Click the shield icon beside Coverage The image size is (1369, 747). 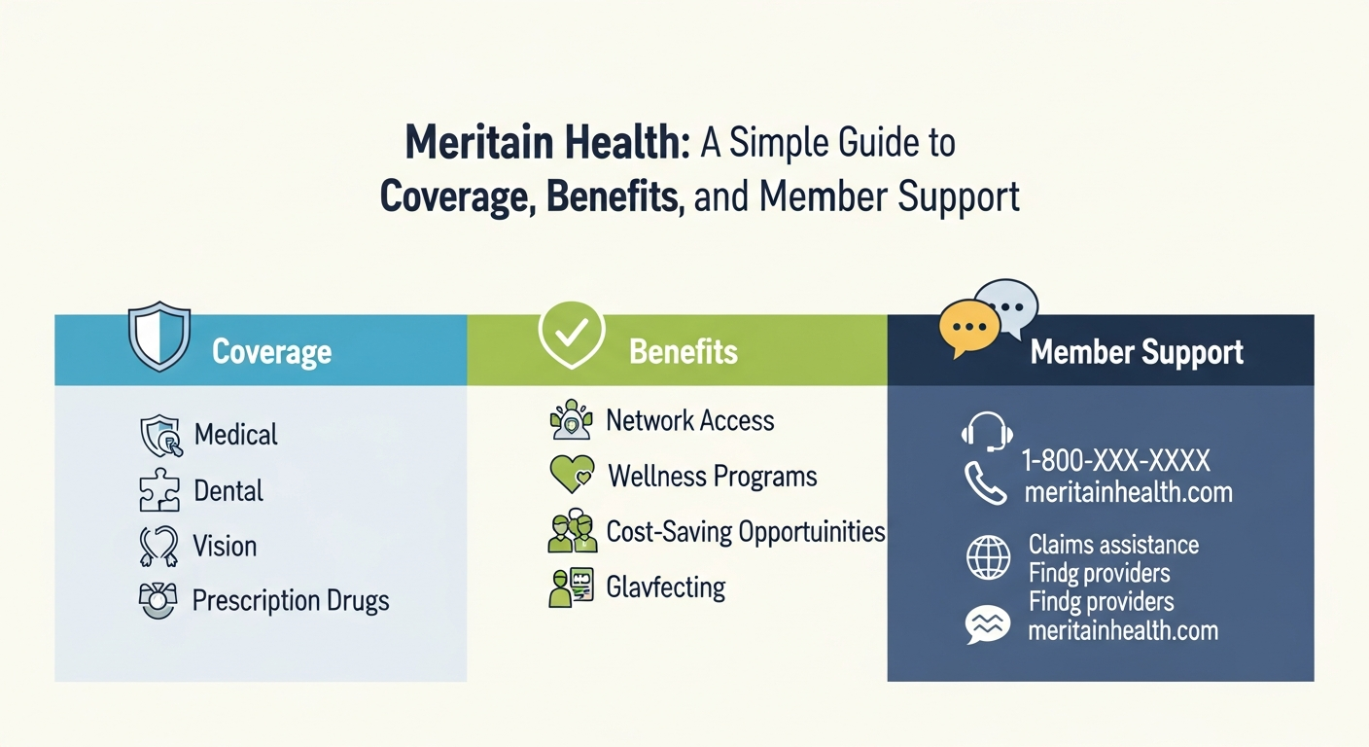click(159, 336)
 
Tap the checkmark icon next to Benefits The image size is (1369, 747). click(571, 334)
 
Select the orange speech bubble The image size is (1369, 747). click(969, 328)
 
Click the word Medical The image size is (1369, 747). click(235, 434)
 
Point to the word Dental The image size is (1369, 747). click(228, 490)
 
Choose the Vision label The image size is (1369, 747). click(225, 546)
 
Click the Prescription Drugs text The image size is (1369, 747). click(291, 600)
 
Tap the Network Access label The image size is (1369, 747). click(689, 420)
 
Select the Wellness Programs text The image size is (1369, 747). click(712, 477)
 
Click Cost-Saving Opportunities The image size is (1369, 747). click(746, 532)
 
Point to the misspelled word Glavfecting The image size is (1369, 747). click(665, 587)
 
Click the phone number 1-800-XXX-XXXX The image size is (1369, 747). click(1116, 460)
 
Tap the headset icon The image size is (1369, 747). click(987, 431)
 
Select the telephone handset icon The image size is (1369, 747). click(985, 483)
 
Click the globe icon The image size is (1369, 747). click(988, 558)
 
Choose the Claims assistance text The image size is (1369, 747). click(1113, 545)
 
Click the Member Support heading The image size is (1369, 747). click(1137, 352)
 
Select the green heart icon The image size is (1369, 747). click(571, 476)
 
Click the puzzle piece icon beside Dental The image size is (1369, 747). click(159, 491)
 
